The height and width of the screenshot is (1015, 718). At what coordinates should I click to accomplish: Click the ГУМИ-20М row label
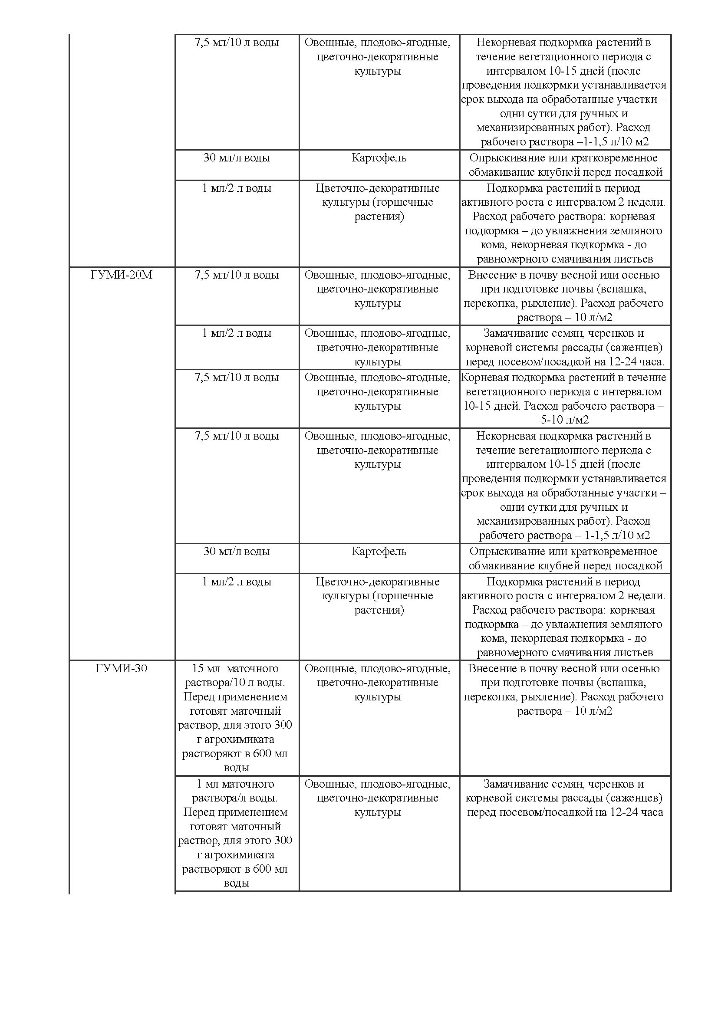click(x=121, y=275)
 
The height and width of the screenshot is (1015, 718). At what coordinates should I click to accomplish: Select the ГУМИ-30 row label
click(x=121, y=668)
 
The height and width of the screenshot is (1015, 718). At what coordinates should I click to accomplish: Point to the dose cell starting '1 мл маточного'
click(x=236, y=784)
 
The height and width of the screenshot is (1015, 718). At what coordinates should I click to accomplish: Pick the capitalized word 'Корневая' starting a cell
click(x=483, y=378)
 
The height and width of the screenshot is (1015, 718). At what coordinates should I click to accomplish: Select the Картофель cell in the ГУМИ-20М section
click(x=379, y=551)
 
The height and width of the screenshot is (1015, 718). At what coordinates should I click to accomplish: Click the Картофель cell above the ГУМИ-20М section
click(x=379, y=158)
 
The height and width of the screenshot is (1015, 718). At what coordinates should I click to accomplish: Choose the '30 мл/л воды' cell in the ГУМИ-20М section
click(x=237, y=551)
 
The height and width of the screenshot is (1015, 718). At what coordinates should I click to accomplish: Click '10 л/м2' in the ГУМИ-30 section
click(x=593, y=711)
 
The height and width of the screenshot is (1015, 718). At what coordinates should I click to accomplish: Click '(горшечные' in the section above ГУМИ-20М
click(x=403, y=203)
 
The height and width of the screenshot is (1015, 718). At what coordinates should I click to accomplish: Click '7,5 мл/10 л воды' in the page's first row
click(x=237, y=43)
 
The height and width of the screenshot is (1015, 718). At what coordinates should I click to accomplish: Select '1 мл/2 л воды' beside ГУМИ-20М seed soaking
click(x=237, y=333)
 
